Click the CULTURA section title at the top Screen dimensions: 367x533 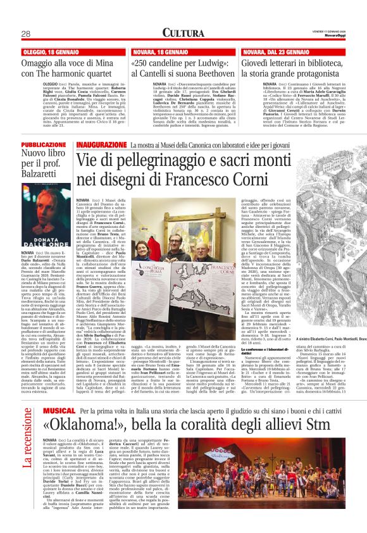[183, 32]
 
